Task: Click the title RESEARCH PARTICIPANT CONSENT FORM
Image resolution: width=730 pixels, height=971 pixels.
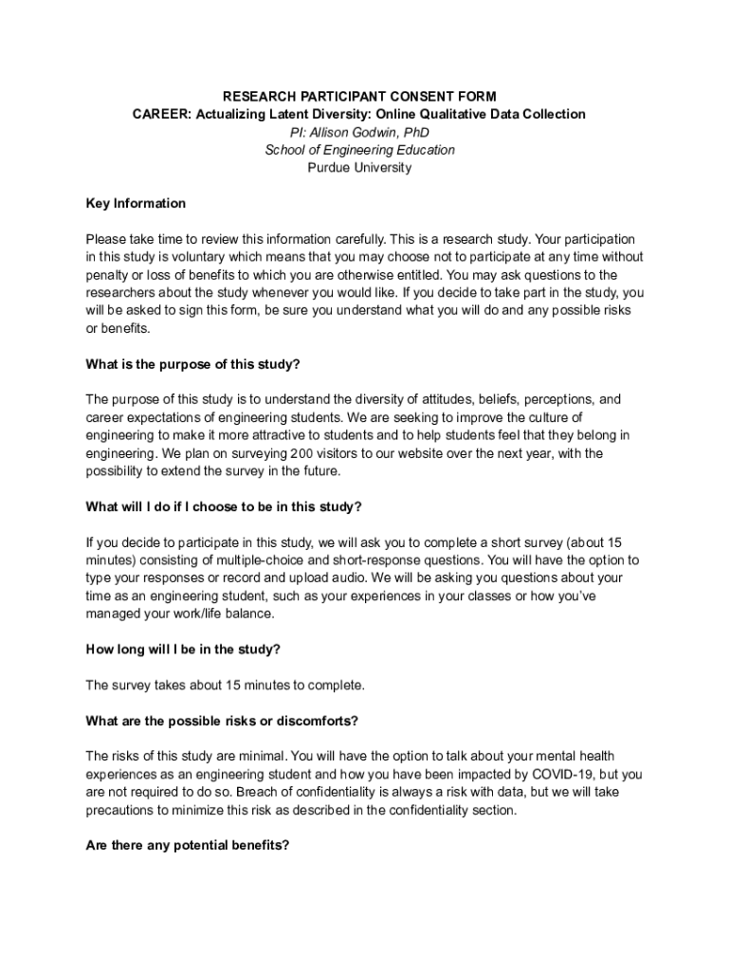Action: [x=359, y=97]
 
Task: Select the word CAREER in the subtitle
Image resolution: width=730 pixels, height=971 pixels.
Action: [x=156, y=115]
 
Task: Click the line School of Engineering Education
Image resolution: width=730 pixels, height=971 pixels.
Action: [x=359, y=150]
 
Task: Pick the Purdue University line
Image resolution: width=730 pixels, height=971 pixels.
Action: [x=359, y=168]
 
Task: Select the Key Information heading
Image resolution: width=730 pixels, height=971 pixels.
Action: [x=136, y=204]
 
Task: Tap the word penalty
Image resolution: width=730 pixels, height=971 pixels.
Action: [x=108, y=275]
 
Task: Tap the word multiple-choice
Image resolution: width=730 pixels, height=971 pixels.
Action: [x=248, y=560]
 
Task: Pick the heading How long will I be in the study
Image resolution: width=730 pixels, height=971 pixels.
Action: [x=183, y=650]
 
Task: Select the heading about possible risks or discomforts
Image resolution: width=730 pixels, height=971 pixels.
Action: [x=222, y=721]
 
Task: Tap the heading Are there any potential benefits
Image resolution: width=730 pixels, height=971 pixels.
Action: [x=187, y=846]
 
